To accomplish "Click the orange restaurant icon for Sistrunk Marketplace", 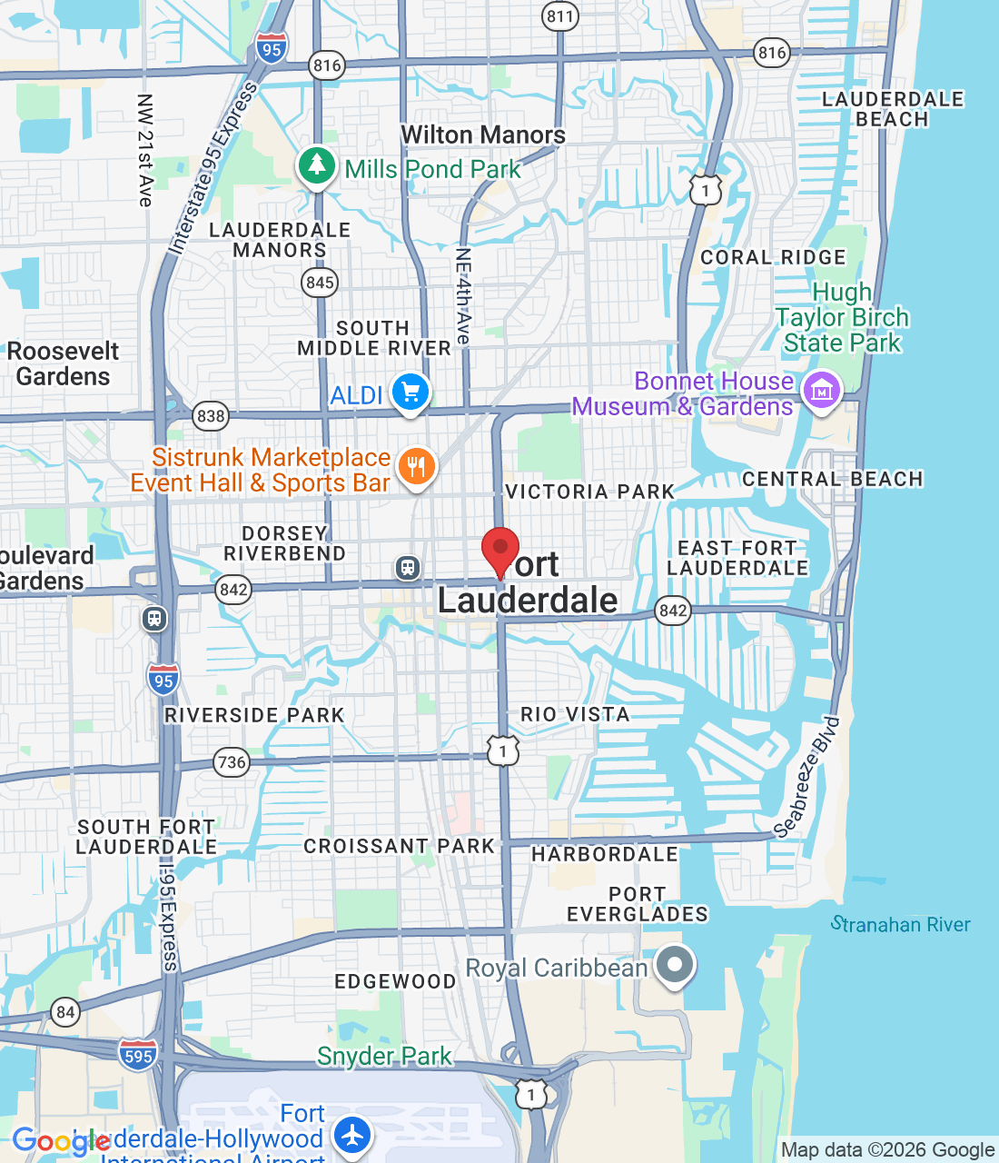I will point(416,467).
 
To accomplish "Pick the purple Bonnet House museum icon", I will point(822,392).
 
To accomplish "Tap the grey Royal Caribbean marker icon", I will point(674,965).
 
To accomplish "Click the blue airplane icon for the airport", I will point(351,1135).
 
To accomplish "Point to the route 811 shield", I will point(560,16).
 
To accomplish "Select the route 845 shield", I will point(320,283).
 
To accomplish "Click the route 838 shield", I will point(211,416).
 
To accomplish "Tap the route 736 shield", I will point(232,761).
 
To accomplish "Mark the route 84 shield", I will point(65,1012).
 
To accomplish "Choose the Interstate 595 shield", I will point(138,1055).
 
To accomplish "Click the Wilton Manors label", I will point(483,134).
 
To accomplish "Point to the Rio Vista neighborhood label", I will point(575,714).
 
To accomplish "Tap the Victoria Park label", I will point(590,492).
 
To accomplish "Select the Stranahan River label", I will point(901,925).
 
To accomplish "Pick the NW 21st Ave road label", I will point(145,150).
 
